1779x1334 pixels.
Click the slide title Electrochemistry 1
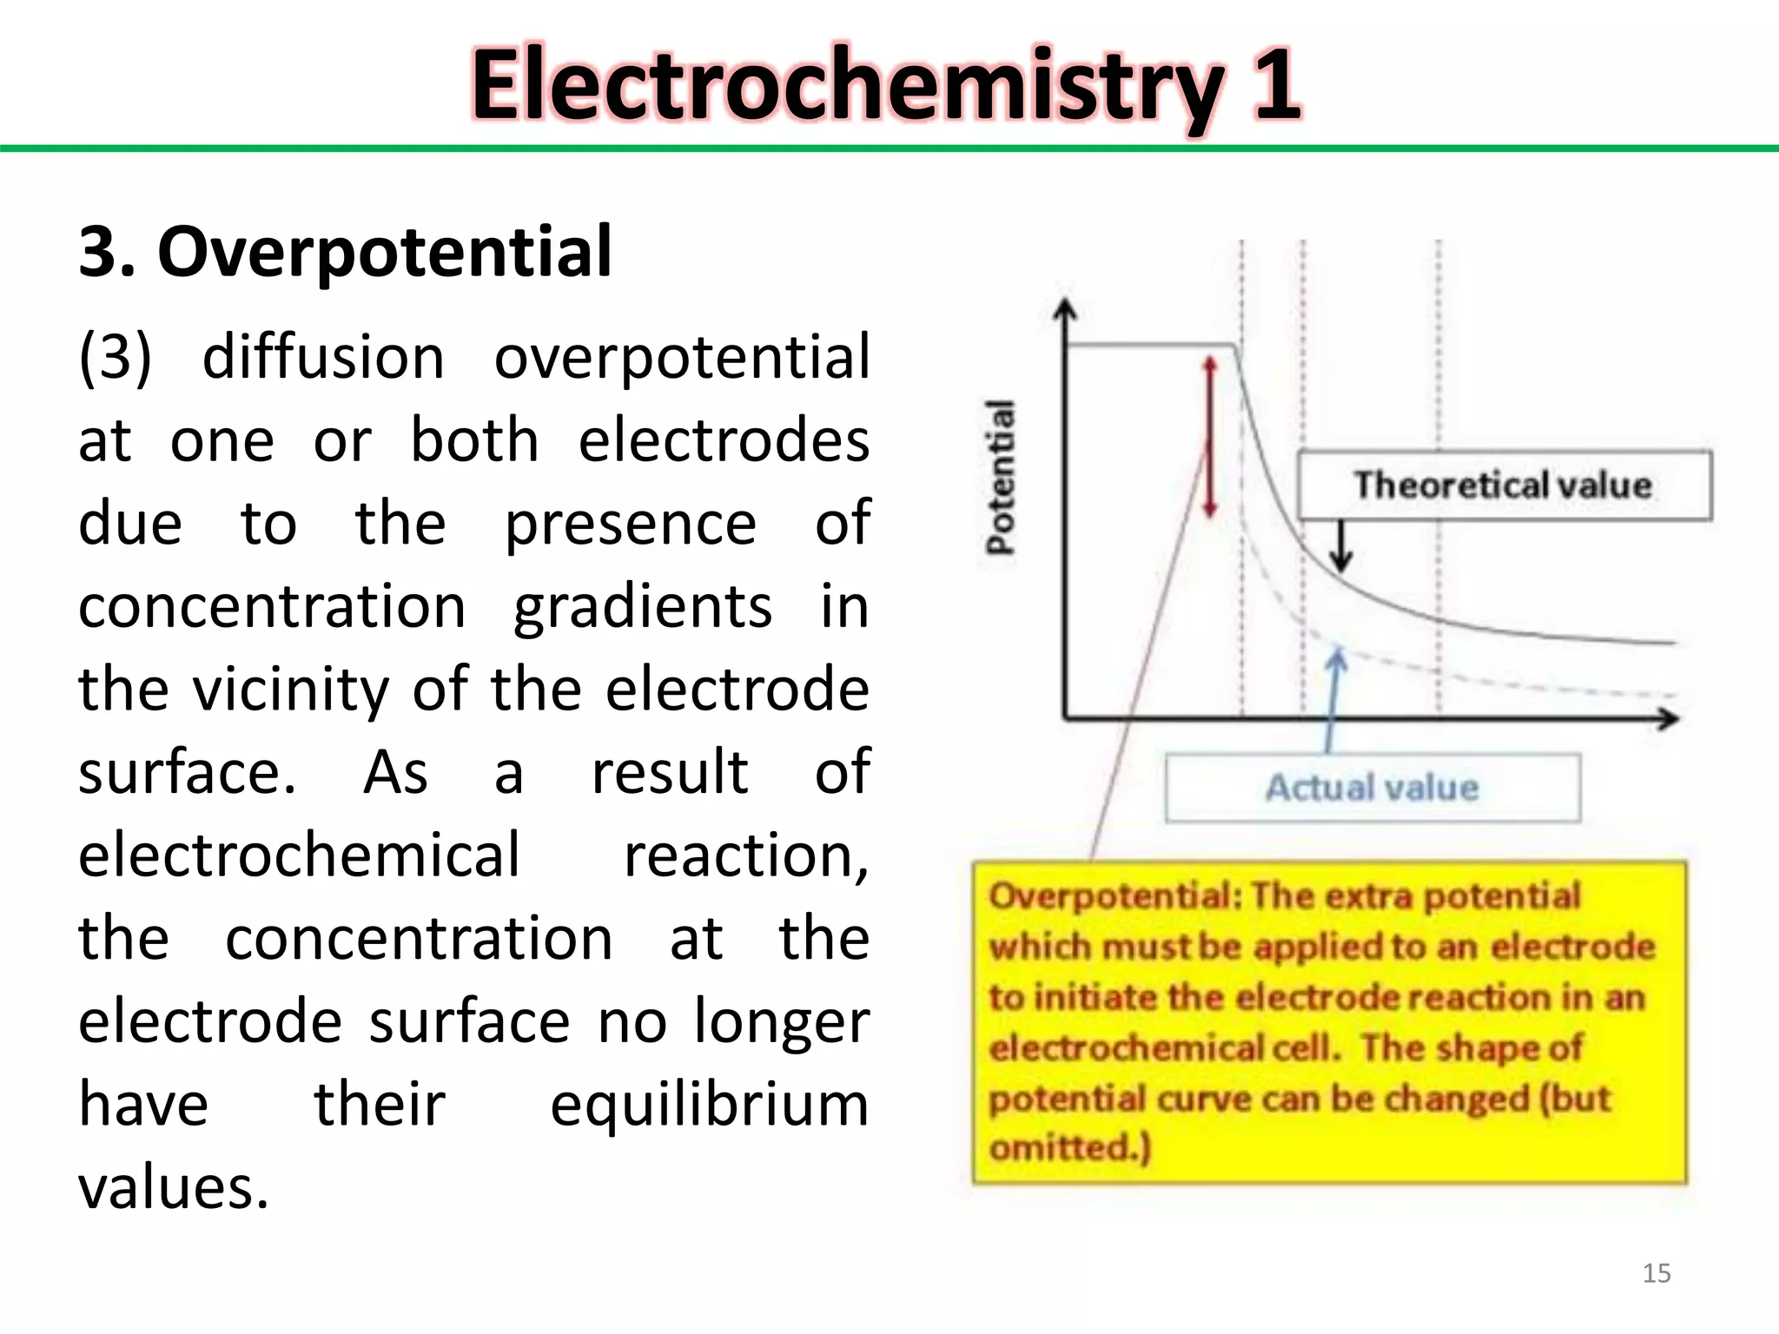coord(886,85)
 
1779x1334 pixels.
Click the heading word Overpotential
coord(385,252)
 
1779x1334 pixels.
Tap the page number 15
coord(1657,1273)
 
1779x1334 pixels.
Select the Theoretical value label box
coord(1504,485)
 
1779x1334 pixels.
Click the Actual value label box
coord(1372,788)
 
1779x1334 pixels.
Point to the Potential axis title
coord(1001,477)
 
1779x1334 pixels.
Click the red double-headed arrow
coord(1209,437)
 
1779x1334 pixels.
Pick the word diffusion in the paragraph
coord(323,357)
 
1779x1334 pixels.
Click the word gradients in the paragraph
coord(643,606)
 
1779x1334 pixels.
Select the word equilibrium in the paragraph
coord(709,1105)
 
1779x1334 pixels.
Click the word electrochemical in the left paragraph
coord(299,855)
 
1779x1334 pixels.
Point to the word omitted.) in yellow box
coord(1070,1148)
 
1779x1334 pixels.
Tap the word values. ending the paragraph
coord(174,1188)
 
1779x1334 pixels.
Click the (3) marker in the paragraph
coord(115,357)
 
